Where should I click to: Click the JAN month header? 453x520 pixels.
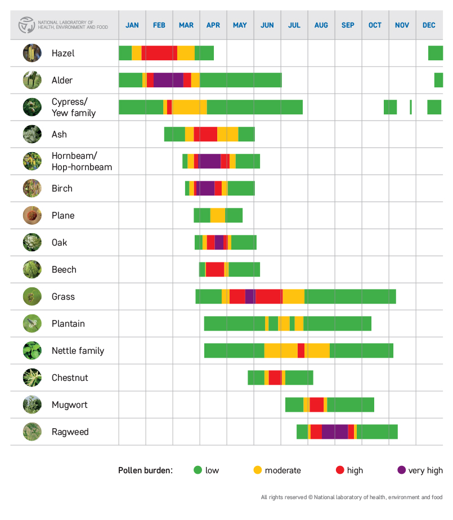132,25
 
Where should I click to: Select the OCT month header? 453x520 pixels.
375,25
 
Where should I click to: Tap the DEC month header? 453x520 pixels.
429,25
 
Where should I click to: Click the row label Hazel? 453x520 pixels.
63,54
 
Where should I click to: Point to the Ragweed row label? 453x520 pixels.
70,432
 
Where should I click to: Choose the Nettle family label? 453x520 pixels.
78,351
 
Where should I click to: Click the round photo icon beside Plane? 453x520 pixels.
32,215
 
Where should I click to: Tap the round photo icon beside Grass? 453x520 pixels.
32,296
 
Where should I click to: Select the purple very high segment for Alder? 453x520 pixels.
168,80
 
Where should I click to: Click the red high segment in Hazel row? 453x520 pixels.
159,53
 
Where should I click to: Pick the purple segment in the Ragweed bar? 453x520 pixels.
335,432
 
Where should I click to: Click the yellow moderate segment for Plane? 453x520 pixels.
218,215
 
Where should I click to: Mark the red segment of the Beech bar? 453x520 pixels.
215,269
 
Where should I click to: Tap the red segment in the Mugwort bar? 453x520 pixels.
317,405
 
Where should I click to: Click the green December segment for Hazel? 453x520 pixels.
436,53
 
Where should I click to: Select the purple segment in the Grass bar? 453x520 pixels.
250,296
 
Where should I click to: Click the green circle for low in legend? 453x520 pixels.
198,470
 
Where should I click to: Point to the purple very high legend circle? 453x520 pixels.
401,470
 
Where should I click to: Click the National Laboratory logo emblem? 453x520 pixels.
26,25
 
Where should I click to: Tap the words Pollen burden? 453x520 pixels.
145,470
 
